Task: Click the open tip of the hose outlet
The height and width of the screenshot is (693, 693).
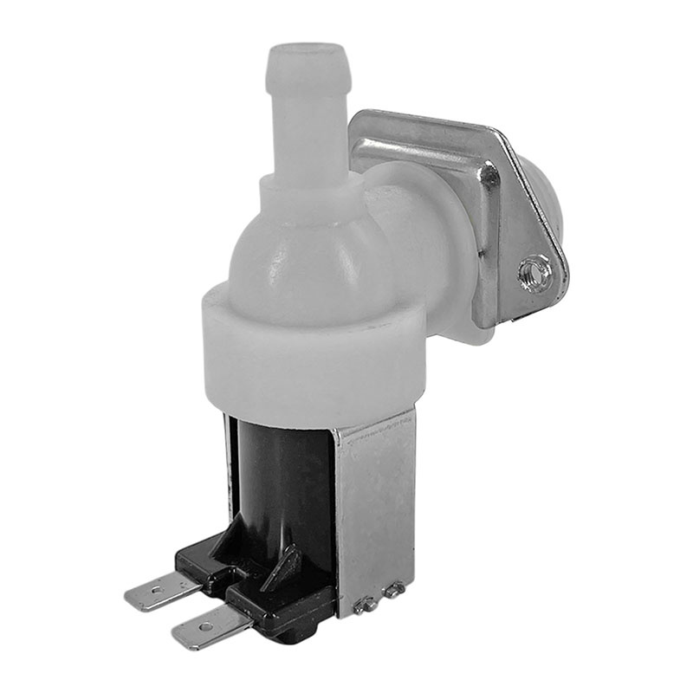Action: pyautogui.click(x=308, y=49)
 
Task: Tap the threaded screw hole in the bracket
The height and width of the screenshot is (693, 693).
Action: pyautogui.click(x=535, y=275)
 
